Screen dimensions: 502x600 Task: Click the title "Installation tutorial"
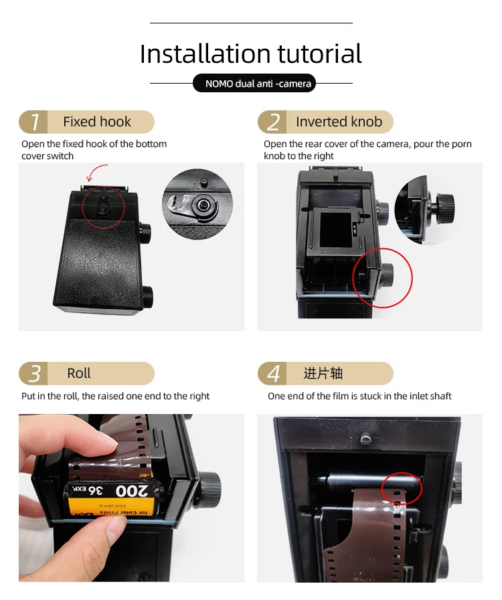click(x=251, y=54)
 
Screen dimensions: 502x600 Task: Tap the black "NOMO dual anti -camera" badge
click(x=254, y=83)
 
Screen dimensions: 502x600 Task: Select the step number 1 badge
click(x=33, y=122)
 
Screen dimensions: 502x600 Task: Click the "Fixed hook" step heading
click(x=97, y=122)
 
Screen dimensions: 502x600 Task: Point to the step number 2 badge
click(x=272, y=122)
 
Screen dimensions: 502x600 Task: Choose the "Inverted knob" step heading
click(x=339, y=122)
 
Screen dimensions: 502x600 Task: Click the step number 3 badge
click(x=33, y=373)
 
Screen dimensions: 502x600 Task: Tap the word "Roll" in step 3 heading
click(x=79, y=373)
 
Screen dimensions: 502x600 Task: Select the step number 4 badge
click(x=272, y=373)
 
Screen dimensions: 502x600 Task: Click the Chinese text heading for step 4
click(x=323, y=373)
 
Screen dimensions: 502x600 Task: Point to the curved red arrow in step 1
click(x=96, y=171)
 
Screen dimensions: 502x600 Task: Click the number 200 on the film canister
click(x=131, y=491)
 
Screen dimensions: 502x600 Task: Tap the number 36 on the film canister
click(x=95, y=490)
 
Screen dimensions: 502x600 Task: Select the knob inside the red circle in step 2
click(x=387, y=274)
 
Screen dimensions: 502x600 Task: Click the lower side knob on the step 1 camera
click(x=147, y=296)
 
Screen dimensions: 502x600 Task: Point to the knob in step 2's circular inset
click(x=445, y=207)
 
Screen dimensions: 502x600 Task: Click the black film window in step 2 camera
click(x=335, y=230)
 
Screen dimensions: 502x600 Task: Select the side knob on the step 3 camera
click(x=210, y=488)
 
